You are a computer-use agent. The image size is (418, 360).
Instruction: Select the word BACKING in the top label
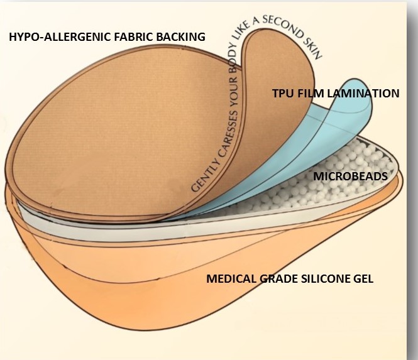(180, 37)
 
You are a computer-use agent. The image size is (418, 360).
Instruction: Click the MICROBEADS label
(350, 177)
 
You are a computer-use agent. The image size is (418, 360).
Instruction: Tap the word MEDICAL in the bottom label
(233, 278)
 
